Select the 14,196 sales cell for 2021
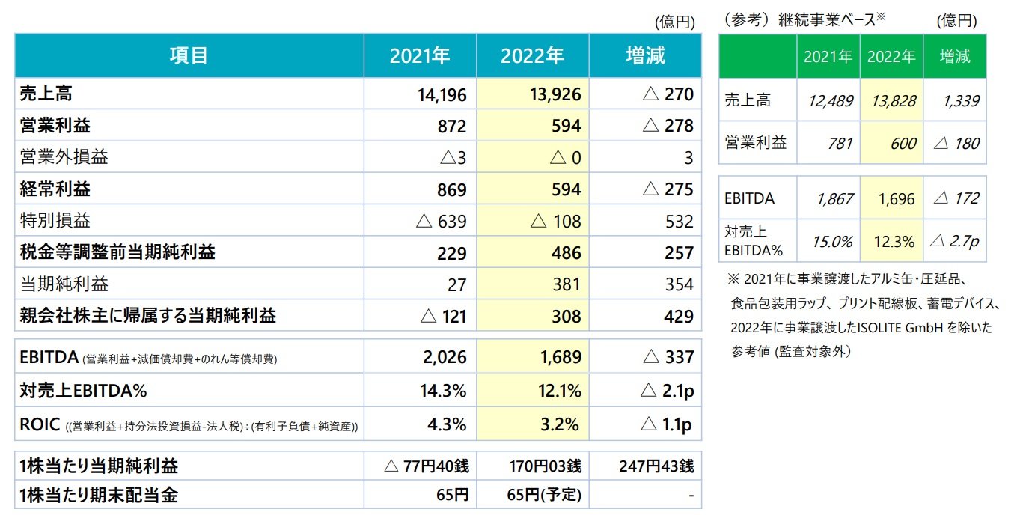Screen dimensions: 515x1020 (x=441, y=94)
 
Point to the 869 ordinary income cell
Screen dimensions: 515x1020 (x=451, y=189)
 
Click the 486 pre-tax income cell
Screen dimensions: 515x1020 (x=565, y=253)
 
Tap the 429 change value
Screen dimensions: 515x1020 (x=679, y=316)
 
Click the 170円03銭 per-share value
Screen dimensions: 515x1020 (x=543, y=466)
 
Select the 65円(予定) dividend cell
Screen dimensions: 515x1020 (x=544, y=495)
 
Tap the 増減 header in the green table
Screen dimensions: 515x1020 (x=953, y=56)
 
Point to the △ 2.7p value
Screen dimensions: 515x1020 (x=953, y=242)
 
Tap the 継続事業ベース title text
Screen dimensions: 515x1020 (x=829, y=21)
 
